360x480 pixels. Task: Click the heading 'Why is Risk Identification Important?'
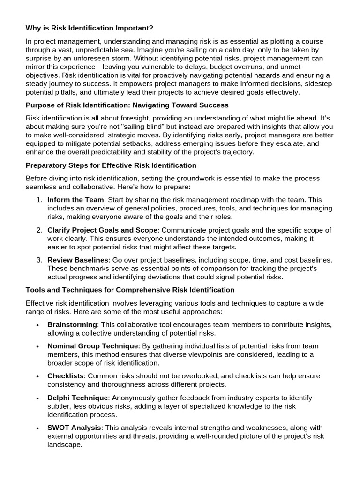tap(89, 28)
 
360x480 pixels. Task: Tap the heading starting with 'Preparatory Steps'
tap(111, 165)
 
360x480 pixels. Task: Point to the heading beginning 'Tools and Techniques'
tap(130, 290)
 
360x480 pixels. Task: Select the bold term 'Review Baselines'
tap(78, 260)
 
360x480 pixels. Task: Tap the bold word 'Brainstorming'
tap(72, 324)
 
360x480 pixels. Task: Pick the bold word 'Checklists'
tap(66, 376)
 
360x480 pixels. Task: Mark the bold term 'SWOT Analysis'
tap(73, 427)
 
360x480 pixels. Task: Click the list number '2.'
tap(39, 230)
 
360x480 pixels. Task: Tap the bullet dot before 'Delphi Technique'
tap(37, 398)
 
